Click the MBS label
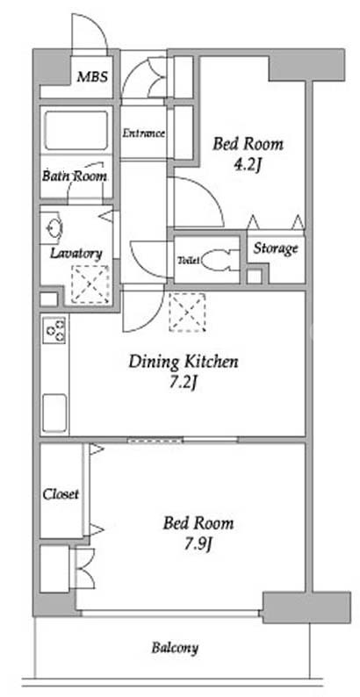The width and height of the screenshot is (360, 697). click(92, 76)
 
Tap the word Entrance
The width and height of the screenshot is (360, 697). click(144, 133)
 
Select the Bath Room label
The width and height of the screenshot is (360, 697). click(75, 176)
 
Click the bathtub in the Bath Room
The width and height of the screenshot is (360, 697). click(76, 131)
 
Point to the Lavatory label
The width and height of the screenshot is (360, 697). click(76, 254)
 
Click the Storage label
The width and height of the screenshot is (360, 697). click(276, 249)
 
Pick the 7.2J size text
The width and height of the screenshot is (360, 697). click(184, 383)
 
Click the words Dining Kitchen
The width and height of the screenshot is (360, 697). click(184, 362)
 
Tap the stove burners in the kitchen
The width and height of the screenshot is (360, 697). click(55, 330)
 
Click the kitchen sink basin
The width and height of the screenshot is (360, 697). click(54, 413)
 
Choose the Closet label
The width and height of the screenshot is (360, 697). click(61, 494)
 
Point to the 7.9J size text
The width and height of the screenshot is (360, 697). click(198, 544)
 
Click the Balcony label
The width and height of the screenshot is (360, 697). click(175, 648)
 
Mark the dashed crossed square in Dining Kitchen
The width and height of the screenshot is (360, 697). click(187, 312)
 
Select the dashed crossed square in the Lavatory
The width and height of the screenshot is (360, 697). click(90, 284)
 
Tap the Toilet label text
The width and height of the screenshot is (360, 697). click(190, 261)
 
